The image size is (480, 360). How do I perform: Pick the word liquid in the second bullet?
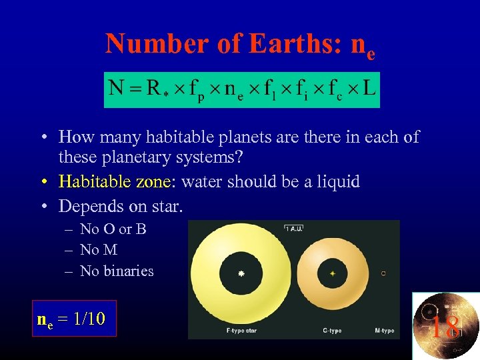(x=337, y=181)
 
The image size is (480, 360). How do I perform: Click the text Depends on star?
(x=120, y=206)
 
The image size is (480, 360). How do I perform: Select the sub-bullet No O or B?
(x=113, y=229)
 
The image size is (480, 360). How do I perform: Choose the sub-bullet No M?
(x=99, y=250)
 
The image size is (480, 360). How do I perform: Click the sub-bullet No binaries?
(x=117, y=271)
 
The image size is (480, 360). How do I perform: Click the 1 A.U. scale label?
(x=294, y=228)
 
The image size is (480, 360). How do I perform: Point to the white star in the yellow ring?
(x=241, y=273)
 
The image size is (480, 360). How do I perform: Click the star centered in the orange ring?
(x=332, y=273)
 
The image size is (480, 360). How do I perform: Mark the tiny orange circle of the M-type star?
(x=383, y=273)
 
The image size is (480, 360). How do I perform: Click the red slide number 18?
(x=444, y=327)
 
